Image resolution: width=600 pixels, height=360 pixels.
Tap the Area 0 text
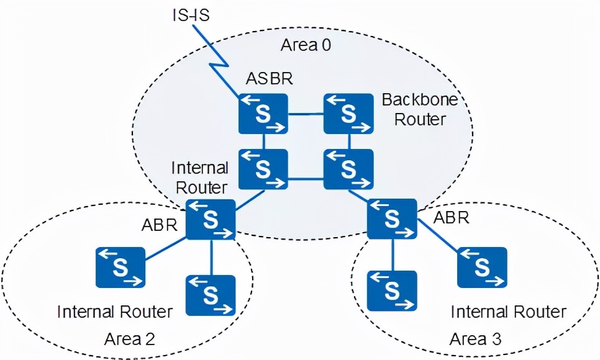[x=306, y=45]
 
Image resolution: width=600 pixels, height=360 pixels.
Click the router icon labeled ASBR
[x=263, y=114]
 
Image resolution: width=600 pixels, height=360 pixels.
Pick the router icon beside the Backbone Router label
[x=348, y=114]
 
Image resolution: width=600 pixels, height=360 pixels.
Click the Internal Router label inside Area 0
[x=200, y=177]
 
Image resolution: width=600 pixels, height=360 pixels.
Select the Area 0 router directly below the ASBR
[x=263, y=169]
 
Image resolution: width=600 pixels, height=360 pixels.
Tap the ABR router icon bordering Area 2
[x=211, y=219]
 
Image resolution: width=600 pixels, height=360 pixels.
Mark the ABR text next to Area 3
[x=451, y=218]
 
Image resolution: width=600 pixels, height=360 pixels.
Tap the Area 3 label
[x=475, y=339]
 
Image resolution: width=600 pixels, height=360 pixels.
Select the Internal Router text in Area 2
[x=115, y=311]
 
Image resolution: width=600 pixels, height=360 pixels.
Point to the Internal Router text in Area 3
[x=508, y=311]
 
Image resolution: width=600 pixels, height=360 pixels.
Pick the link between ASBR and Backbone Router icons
[x=306, y=114]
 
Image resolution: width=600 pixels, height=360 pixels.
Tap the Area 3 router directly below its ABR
[x=391, y=290]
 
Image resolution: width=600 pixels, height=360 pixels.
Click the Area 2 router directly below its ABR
[x=211, y=295]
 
